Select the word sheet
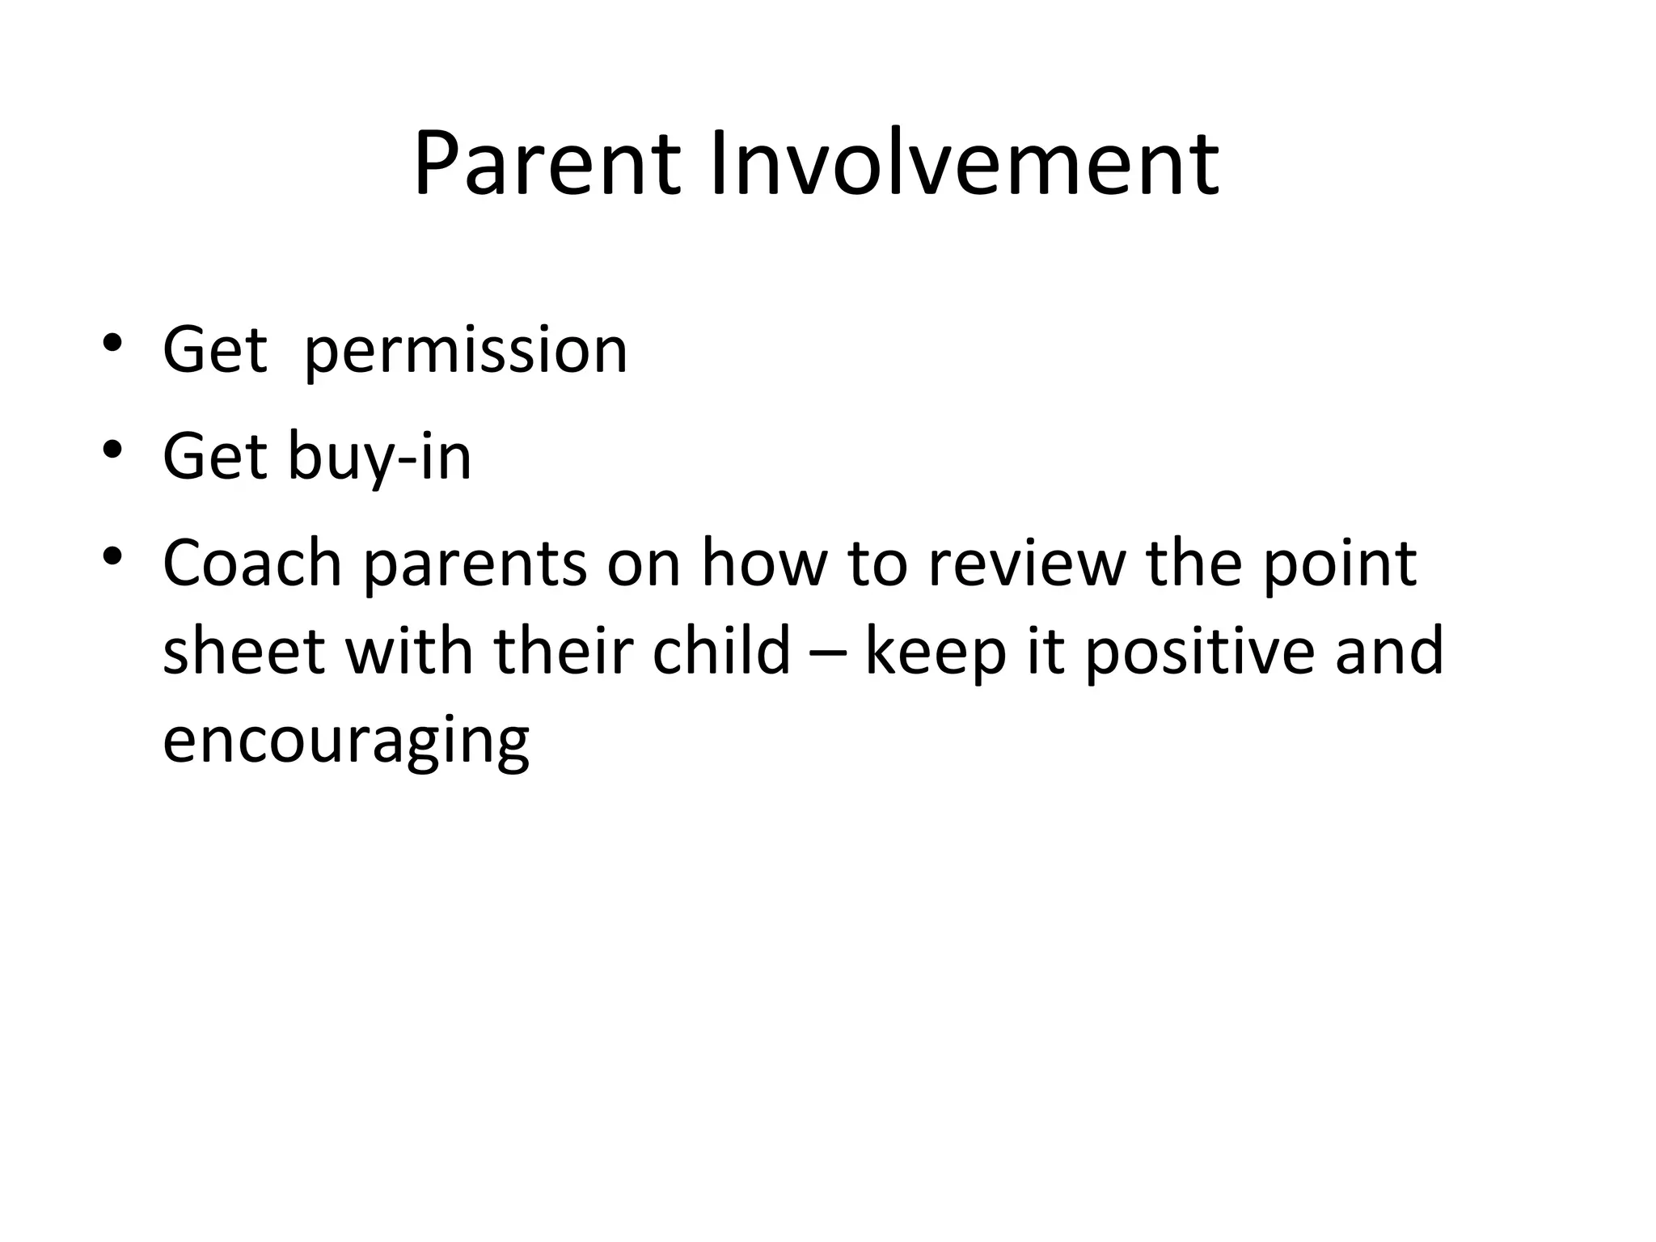coord(243,651)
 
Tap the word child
coord(720,651)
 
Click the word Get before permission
coord(214,351)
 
